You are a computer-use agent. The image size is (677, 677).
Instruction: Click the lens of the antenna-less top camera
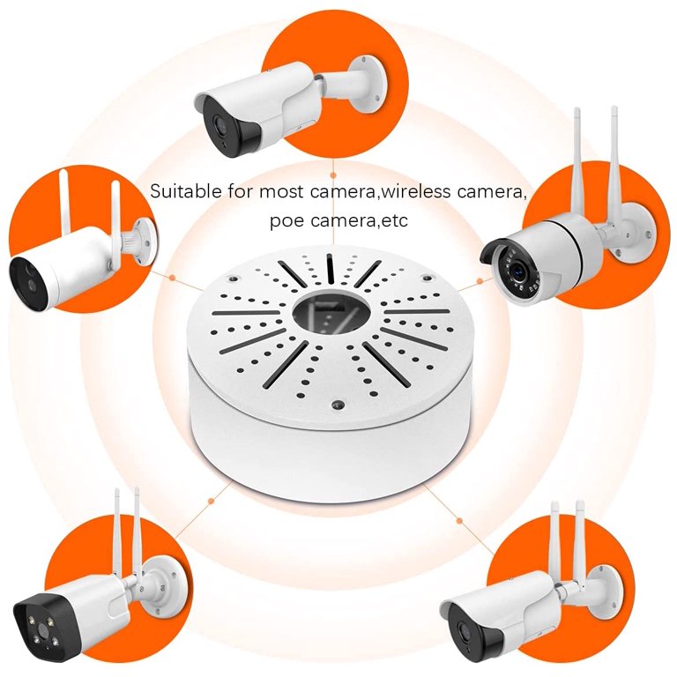(215, 124)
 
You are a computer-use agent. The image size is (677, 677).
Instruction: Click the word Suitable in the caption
(180, 190)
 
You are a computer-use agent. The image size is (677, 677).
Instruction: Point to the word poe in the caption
(285, 219)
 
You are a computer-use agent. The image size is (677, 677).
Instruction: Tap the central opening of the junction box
(328, 310)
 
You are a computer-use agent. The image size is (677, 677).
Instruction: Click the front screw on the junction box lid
(336, 405)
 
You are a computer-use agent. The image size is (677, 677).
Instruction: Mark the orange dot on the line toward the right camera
(480, 281)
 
